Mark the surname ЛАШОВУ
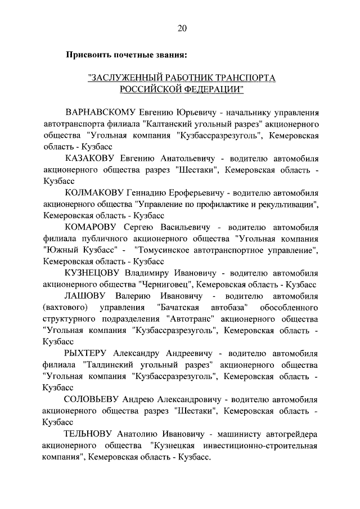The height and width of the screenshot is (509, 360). [x=82, y=296]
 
